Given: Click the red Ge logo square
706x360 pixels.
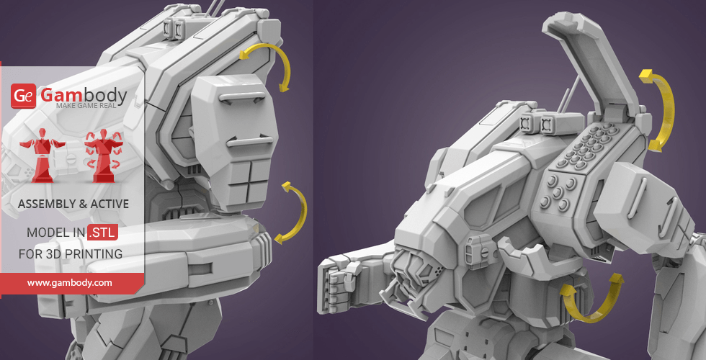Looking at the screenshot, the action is (x=23, y=95).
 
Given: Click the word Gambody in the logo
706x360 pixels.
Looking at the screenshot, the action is (x=84, y=95).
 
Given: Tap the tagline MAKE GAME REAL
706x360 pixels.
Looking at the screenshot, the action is (x=86, y=106).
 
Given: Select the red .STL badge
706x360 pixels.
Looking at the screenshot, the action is (x=103, y=232).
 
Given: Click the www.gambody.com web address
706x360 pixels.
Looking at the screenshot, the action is (x=69, y=283).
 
